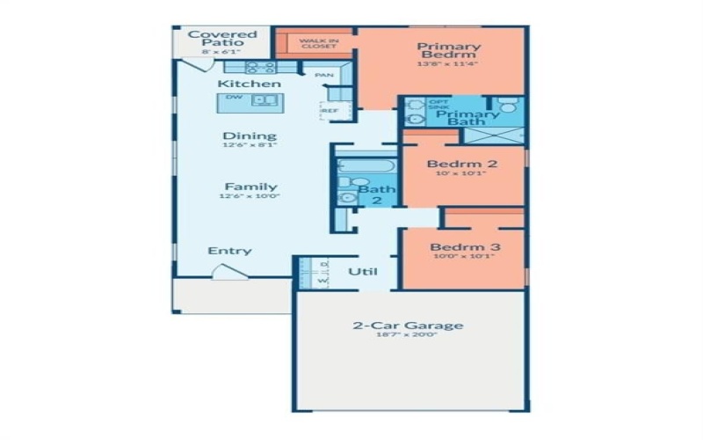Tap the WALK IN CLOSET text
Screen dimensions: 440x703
point(317,43)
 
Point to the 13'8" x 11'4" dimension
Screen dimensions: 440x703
point(448,64)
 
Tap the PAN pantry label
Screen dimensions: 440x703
point(323,76)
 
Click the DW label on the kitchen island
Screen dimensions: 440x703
point(234,98)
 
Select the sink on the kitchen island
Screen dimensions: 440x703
point(262,100)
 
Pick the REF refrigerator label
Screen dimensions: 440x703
point(330,111)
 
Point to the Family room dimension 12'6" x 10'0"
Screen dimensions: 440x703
point(250,198)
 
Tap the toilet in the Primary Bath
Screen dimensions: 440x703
point(507,107)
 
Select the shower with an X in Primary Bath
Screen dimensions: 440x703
point(506,136)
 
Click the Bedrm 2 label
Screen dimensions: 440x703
point(462,164)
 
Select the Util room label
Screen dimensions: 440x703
point(363,272)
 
